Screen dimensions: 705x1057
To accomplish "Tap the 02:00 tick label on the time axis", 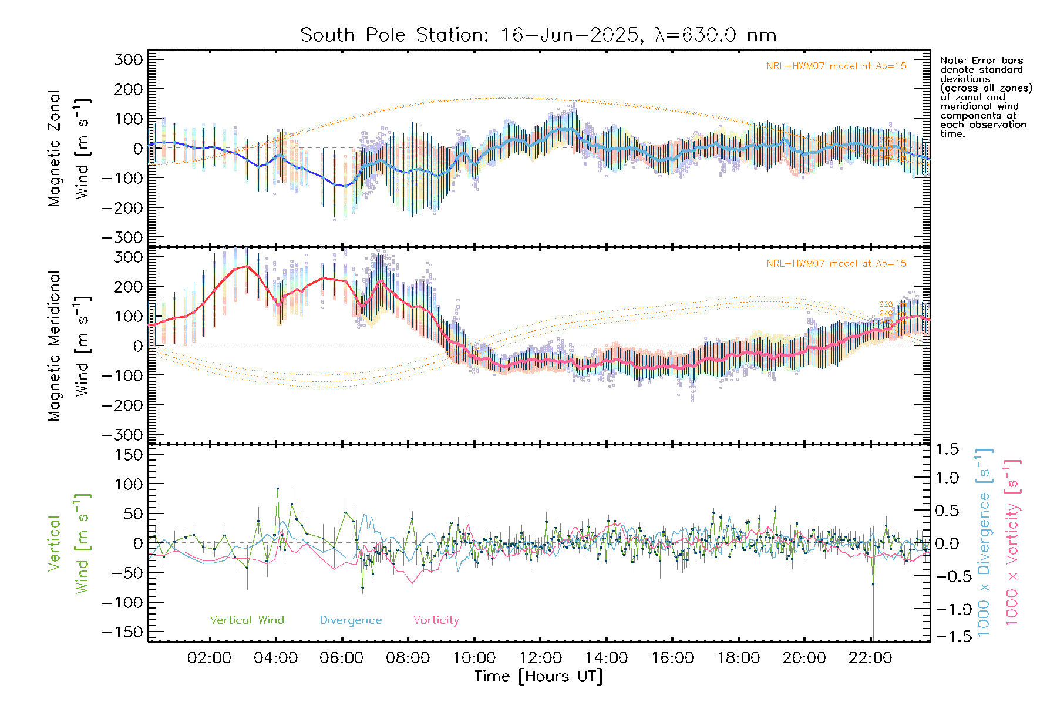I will point(209,658).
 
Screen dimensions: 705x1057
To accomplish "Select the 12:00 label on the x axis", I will point(540,658).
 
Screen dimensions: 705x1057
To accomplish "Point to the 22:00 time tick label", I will point(870,658).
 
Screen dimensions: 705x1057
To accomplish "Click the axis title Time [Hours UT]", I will point(538,677).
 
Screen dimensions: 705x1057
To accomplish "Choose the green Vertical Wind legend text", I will point(247,620).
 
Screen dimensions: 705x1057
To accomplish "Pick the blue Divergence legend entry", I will point(351,620).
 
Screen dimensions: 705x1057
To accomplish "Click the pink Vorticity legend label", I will point(436,620).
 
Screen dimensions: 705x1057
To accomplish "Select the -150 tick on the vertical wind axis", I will point(122,632).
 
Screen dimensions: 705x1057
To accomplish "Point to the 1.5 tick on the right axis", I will point(947,449).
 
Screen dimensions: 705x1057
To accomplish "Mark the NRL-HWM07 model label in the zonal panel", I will point(836,66).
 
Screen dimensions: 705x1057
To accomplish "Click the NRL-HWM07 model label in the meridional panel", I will point(836,264).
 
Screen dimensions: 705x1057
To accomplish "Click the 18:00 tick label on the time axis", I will point(738,658).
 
